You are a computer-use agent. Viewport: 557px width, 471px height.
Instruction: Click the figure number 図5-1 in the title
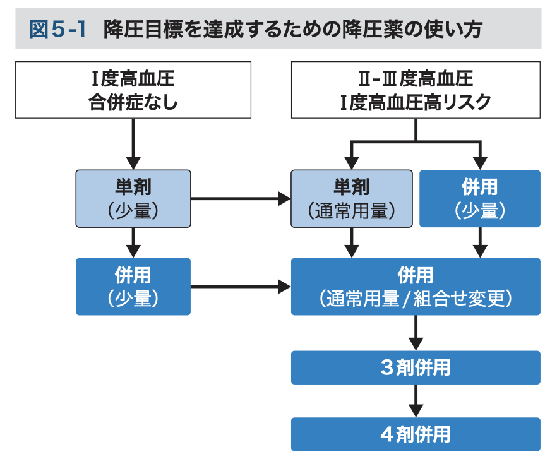coord(57,29)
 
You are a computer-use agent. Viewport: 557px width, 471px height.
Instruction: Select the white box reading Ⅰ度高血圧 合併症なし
coord(133,90)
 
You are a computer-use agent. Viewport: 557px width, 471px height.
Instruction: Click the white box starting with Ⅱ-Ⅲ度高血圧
coord(415,90)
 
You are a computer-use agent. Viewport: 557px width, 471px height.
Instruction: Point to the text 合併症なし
coord(133,102)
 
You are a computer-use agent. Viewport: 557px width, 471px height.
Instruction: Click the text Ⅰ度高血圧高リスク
coord(415,102)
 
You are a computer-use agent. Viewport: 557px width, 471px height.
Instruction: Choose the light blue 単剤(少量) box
coord(133,198)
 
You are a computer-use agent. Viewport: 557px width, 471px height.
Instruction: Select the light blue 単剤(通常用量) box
coord(352,198)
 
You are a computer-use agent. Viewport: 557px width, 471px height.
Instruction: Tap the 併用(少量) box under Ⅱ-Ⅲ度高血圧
coord(480,198)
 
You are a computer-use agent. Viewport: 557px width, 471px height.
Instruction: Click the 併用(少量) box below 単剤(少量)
coord(133,287)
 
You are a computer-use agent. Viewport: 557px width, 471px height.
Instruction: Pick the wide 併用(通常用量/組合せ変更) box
coord(415,287)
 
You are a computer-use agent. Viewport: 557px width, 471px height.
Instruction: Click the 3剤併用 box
coord(415,367)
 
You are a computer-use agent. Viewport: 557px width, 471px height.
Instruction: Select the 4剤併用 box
coord(415,434)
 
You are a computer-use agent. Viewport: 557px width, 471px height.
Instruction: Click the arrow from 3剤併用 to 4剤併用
coord(415,400)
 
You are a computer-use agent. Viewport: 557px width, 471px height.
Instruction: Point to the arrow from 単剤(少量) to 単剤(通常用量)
coord(240,199)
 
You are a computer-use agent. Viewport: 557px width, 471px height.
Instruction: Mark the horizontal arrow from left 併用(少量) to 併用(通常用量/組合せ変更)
coord(240,287)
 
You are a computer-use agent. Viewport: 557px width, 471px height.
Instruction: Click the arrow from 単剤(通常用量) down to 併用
coord(352,242)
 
